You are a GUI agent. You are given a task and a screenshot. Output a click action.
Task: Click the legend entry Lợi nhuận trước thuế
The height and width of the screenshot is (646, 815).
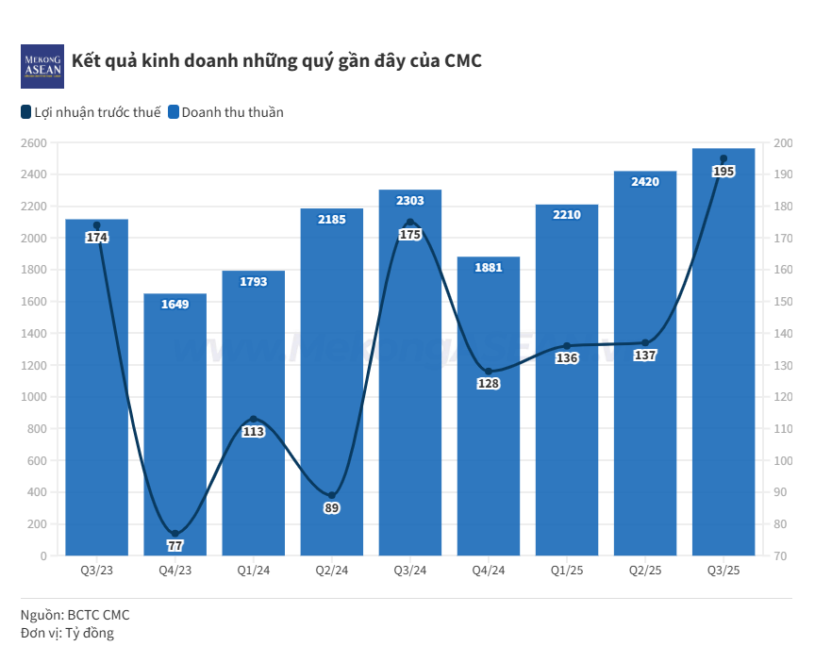click(x=91, y=112)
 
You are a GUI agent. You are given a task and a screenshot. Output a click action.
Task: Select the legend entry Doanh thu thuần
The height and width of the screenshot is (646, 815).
click(x=226, y=112)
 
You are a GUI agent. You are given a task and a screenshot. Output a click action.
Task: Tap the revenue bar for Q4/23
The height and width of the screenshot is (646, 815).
click(x=175, y=424)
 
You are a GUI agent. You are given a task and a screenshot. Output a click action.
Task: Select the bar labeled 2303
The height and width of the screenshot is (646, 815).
click(x=409, y=377)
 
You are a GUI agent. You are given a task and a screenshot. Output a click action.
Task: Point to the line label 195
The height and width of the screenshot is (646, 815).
click(x=724, y=172)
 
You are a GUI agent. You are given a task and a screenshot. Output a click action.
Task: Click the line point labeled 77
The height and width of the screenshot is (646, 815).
click(x=175, y=535)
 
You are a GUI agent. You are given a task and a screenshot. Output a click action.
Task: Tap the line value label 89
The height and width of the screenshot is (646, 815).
click(x=331, y=508)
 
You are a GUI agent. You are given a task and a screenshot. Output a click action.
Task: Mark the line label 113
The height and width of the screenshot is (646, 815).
click(x=253, y=431)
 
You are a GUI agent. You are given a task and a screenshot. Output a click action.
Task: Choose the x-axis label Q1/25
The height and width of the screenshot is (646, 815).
click(x=566, y=571)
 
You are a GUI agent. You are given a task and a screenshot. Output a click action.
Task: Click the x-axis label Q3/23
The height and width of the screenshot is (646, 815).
click(x=96, y=571)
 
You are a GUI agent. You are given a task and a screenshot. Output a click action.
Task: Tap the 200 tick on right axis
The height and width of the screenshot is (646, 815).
click(x=783, y=143)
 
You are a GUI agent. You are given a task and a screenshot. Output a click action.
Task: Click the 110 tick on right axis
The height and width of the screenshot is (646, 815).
click(x=783, y=429)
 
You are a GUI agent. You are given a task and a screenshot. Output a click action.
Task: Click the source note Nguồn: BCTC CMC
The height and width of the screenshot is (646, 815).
click(x=75, y=615)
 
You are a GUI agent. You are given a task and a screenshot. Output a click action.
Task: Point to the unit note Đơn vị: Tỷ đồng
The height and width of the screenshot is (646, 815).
click(x=67, y=633)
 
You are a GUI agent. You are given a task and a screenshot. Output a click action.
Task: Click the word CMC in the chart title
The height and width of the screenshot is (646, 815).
click(x=462, y=61)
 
